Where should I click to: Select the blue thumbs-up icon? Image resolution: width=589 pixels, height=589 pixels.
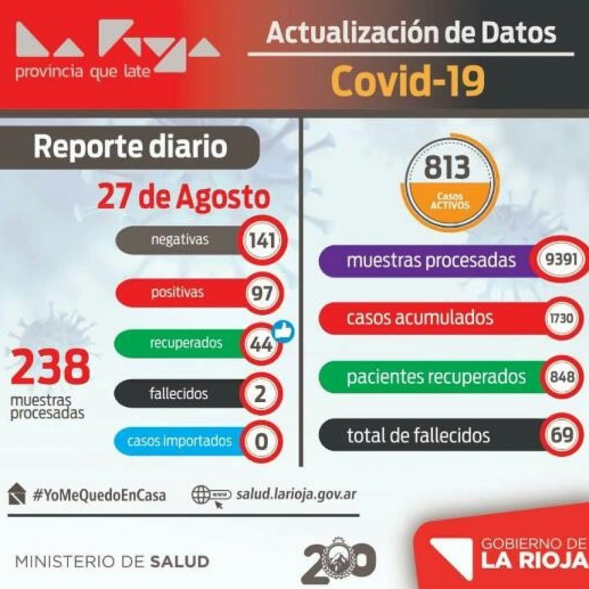coord(281,331)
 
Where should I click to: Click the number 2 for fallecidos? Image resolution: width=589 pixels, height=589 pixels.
coord(261,394)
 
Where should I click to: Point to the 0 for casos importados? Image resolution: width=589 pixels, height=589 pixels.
coord(261,441)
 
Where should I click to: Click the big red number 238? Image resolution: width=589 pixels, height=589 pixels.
coord(50,368)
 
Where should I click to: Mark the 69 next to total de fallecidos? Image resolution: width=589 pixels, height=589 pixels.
coord(563,435)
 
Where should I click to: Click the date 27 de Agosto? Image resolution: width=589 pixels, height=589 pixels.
coord(183,197)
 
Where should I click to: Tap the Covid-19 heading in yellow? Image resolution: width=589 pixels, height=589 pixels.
coord(408,81)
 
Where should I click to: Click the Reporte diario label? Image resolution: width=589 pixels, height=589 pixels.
coord(130,147)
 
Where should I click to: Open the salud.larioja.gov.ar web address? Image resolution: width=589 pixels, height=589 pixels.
coord(296,494)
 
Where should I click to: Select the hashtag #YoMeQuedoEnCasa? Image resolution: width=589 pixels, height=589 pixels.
coord(99,494)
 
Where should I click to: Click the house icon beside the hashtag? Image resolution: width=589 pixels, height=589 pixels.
coord(17,493)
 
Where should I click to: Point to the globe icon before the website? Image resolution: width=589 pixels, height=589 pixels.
coord(202,494)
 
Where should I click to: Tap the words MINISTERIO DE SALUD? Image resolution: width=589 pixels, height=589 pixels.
coord(112,562)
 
